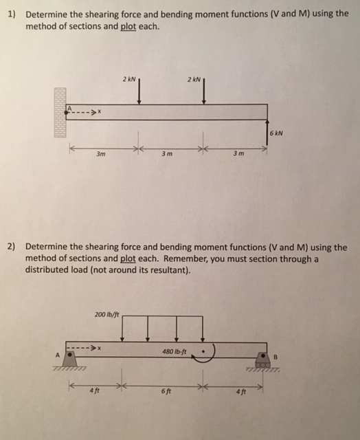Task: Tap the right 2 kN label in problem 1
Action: pyautogui.click(x=193, y=80)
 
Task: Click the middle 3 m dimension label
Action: pyautogui.click(x=166, y=153)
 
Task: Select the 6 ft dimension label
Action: pyautogui.click(x=164, y=392)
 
